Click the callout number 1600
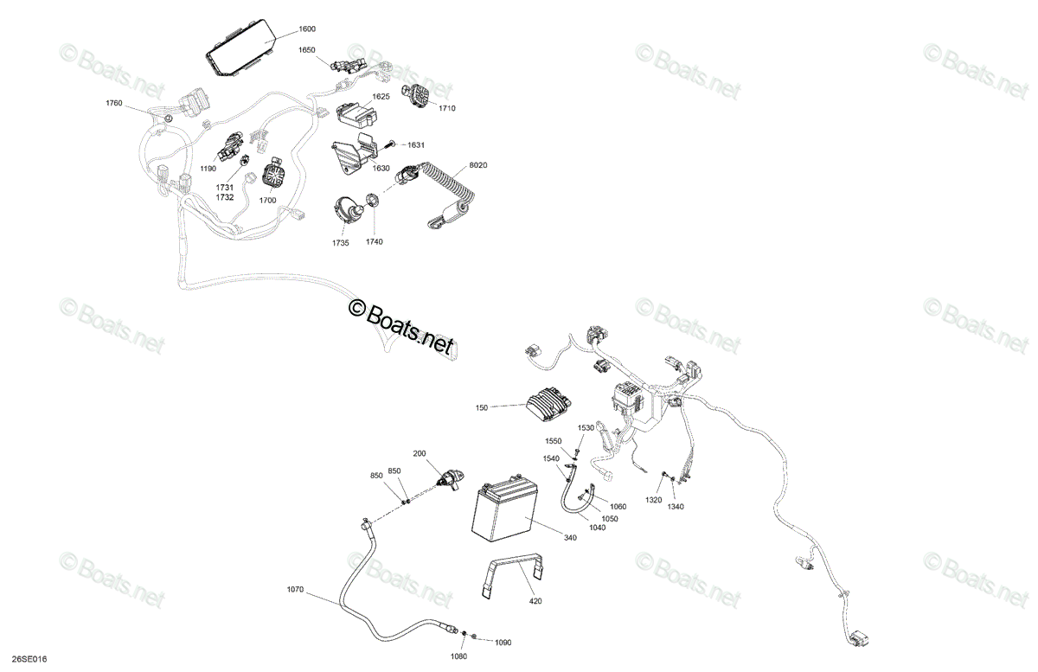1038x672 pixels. [x=307, y=29]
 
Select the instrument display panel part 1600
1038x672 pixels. [x=241, y=48]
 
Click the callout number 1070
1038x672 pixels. [x=295, y=590]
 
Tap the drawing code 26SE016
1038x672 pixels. [x=29, y=659]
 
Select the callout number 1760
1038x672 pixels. [x=114, y=103]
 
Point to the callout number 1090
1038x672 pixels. [x=503, y=643]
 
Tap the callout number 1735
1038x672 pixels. [x=341, y=243]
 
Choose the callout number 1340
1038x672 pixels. [x=676, y=507]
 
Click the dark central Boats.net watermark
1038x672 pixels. [x=401, y=328]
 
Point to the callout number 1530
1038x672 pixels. [x=586, y=428]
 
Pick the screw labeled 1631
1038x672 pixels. [x=390, y=144]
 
